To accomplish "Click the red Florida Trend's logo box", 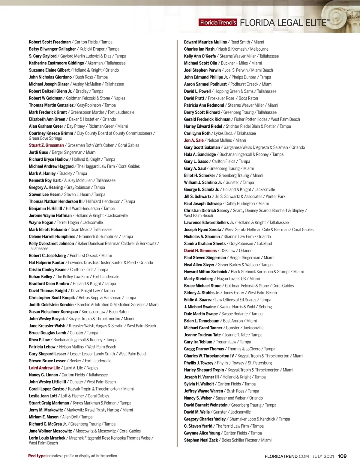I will point(218,22).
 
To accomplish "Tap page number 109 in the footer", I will point(342,456).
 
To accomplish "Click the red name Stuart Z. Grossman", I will point(46,145).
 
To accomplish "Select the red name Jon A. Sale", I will point(194,140).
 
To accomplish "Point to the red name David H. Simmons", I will point(200,251).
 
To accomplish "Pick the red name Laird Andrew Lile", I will point(44,368).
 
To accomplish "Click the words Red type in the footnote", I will point(37,456).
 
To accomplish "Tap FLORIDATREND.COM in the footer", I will point(286,456).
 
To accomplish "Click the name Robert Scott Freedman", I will point(50,42).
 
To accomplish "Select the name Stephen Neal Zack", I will point(201,440).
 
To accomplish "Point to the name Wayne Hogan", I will point(41,222).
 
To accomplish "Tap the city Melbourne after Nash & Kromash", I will point(259,49).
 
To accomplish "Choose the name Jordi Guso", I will point(38,152).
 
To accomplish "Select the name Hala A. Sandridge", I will point(200,154).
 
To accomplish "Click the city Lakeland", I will point(264,244).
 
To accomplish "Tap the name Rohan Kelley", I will point(40,277).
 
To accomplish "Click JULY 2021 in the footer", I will point(323,456).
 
